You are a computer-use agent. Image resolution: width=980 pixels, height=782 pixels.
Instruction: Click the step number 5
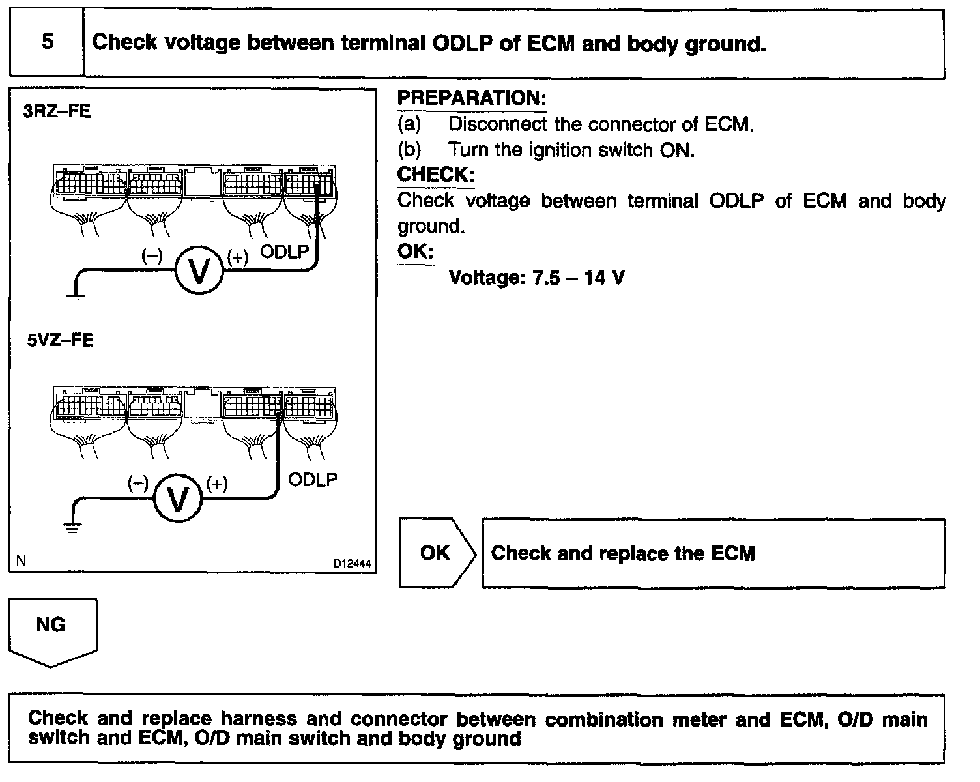(48, 42)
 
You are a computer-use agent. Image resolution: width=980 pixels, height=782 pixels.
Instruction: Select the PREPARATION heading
(471, 98)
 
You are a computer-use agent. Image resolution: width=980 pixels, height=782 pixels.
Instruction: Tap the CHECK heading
(436, 175)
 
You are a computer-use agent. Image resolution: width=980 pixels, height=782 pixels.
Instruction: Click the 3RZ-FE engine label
(57, 111)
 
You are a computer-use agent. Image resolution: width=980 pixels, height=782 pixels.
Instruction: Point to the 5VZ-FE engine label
(60, 340)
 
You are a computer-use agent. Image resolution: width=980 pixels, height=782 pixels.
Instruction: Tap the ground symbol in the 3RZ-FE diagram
(76, 298)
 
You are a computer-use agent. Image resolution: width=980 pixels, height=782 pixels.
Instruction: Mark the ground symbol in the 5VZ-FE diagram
(72, 527)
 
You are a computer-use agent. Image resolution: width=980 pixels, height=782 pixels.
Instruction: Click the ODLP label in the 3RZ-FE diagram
(284, 252)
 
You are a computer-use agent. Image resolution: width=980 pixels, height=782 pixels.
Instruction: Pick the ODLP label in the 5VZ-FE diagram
(312, 480)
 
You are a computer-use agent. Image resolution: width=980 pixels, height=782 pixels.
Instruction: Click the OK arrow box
(437, 553)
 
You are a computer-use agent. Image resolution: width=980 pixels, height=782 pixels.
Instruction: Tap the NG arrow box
(52, 633)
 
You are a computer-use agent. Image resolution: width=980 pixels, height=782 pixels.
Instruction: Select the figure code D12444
(352, 564)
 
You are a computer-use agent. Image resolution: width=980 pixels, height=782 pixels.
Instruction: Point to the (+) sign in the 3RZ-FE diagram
(238, 257)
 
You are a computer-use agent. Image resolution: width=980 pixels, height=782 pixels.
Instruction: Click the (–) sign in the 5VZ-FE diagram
(137, 484)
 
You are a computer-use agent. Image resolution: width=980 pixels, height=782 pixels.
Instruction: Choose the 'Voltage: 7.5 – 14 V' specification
(536, 278)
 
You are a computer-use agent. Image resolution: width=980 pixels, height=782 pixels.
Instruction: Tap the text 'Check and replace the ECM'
(623, 553)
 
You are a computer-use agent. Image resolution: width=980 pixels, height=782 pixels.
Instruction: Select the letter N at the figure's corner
(21, 561)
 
